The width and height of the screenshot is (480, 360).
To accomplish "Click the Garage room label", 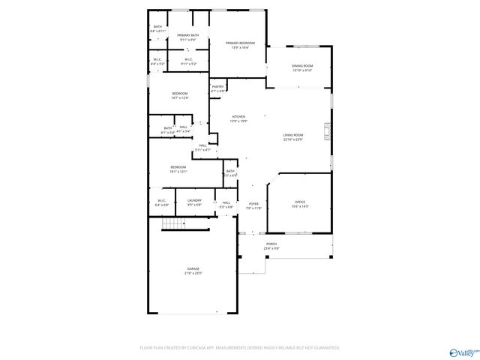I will pyautogui.click(x=193, y=268).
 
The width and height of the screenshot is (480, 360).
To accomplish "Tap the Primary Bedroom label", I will pyautogui.click(x=241, y=43).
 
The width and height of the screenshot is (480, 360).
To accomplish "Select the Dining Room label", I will pyautogui.click(x=302, y=66).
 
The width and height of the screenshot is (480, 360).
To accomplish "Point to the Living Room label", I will pyautogui.click(x=293, y=135).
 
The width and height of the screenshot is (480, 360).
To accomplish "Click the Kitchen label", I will pyautogui.click(x=238, y=117).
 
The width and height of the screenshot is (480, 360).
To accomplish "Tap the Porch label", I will pyautogui.click(x=271, y=244).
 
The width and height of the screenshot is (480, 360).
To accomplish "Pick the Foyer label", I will pyautogui.click(x=254, y=203).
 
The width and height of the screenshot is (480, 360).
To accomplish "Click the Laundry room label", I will pyautogui.click(x=194, y=200).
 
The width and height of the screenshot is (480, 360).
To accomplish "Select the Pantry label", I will pyautogui.click(x=217, y=87).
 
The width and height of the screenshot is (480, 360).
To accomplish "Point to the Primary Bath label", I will pyautogui.click(x=188, y=35).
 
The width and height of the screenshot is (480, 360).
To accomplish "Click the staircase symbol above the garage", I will pyautogui.click(x=174, y=224).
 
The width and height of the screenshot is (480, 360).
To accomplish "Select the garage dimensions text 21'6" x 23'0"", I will pyautogui.click(x=193, y=274).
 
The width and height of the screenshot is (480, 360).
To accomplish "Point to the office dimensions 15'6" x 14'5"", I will pyautogui.click(x=300, y=207).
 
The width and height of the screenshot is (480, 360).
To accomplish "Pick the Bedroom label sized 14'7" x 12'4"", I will pyautogui.click(x=180, y=93).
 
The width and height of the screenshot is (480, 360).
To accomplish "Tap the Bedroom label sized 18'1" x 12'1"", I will pyautogui.click(x=178, y=166).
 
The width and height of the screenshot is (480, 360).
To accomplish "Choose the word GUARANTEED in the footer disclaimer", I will pyautogui.click(x=323, y=348).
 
